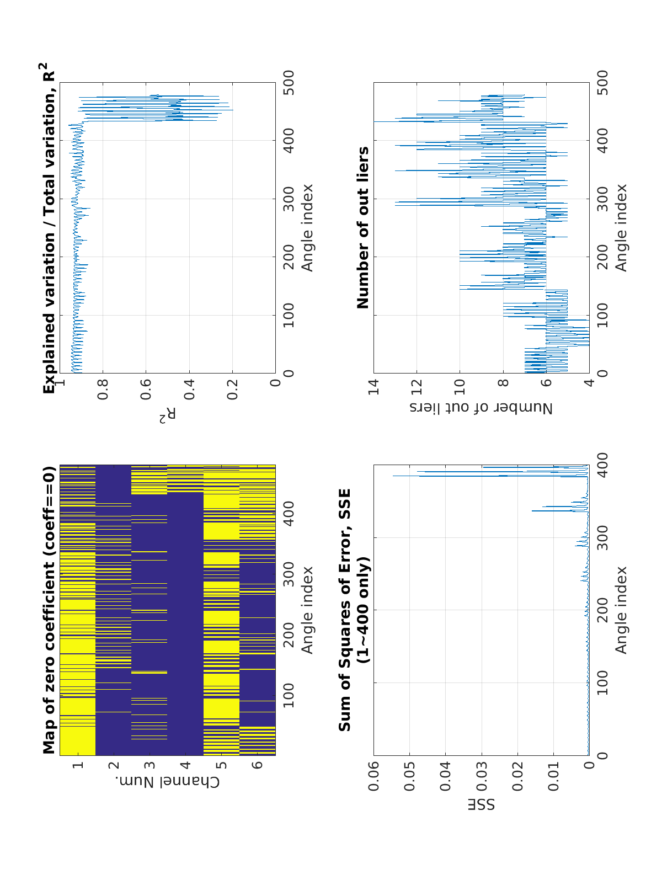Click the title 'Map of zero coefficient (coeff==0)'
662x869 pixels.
50,610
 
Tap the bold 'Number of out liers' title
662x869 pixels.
363,227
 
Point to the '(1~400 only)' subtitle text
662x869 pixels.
363,610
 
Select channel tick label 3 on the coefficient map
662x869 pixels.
150,765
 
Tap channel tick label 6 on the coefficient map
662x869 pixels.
258,765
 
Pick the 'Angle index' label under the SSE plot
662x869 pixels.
622,610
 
